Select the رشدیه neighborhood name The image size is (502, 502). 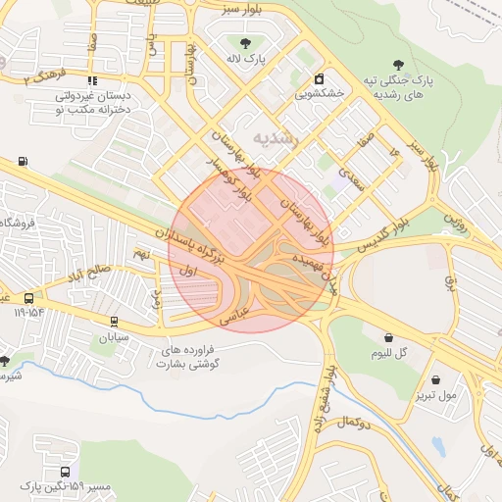(274, 137)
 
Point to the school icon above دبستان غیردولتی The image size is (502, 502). (92, 80)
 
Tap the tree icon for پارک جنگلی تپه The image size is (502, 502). (397, 64)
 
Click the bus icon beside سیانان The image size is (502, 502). (115, 321)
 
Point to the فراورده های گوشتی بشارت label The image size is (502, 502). (193, 356)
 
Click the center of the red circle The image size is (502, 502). (251, 250)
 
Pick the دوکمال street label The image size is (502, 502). (351, 422)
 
